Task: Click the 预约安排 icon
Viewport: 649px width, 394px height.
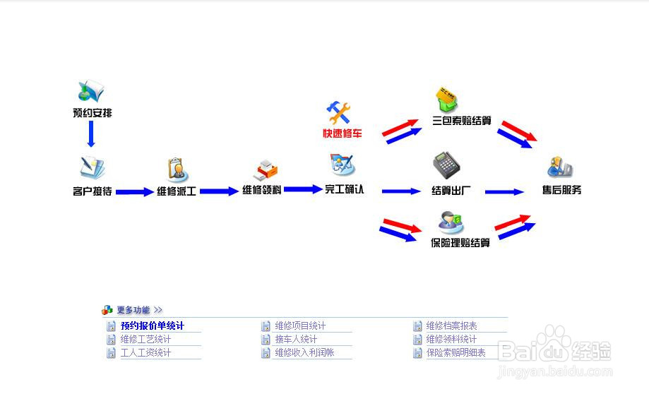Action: click(x=91, y=92)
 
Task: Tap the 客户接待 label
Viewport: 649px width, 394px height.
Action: click(x=92, y=191)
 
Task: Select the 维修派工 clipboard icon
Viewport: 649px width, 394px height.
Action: click(x=177, y=169)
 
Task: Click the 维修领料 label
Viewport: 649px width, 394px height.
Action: click(x=262, y=190)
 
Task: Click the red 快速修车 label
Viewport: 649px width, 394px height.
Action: click(x=343, y=133)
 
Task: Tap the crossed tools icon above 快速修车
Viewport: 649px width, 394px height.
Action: click(x=338, y=112)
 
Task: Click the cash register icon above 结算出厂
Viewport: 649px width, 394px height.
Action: click(x=446, y=165)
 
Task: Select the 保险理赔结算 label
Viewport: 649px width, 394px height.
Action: click(x=460, y=243)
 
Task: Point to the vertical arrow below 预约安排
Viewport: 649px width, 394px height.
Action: click(x=91, y=133)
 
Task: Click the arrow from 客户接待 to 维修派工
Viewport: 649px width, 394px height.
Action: click(x=134, y=191)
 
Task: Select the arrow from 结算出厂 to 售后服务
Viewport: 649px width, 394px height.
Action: click(x=504, y=191)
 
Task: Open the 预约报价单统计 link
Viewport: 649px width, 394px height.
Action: click(x=152, y=326)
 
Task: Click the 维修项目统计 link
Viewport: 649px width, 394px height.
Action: click(x=300, y=326)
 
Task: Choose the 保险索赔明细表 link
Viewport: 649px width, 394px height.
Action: click(x=456, y=352)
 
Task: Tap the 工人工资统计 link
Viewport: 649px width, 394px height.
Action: click(x=145, y=352)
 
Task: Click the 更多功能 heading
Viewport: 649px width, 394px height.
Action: click(x=133, y=310)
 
